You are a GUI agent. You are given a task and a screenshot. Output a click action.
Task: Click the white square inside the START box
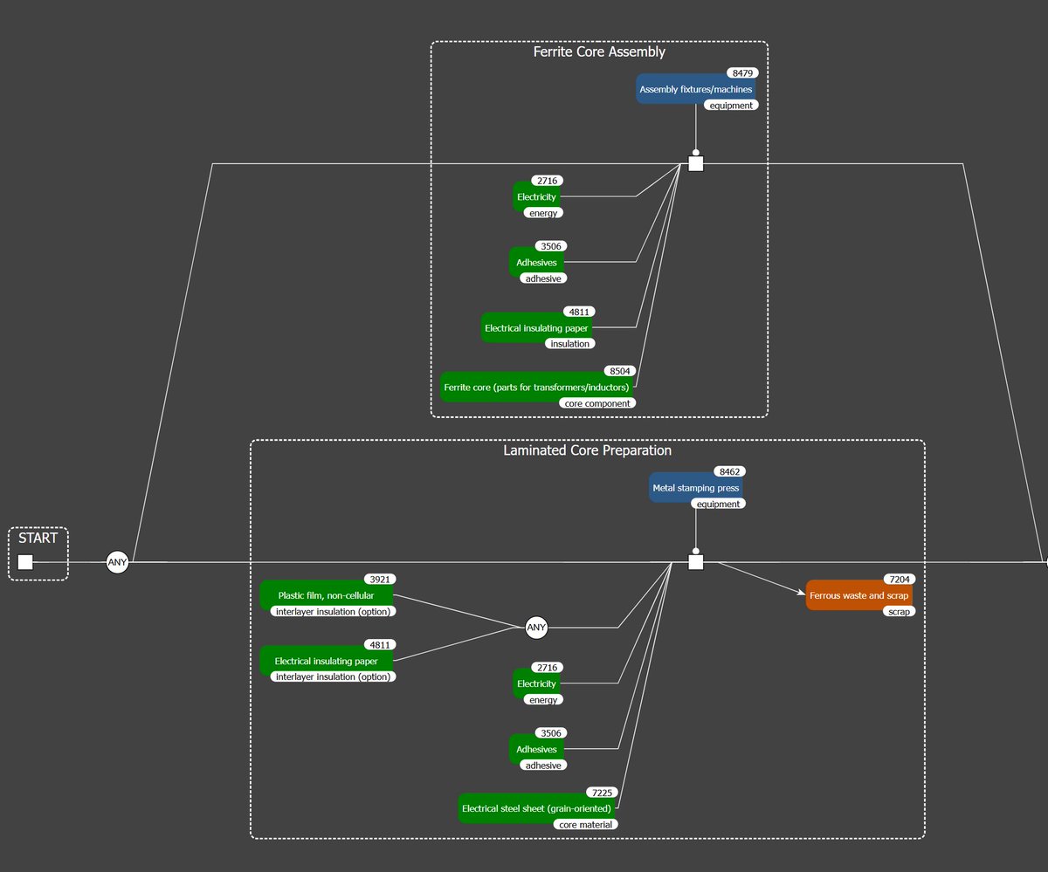point(25,562)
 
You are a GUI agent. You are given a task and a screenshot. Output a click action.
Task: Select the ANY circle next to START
point(117,562)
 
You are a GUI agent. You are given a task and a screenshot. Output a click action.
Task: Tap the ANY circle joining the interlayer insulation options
point(536,627)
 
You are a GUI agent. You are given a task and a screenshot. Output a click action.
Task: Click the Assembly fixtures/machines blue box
point(696,89)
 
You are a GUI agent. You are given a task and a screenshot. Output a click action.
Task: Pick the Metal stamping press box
point(696,488)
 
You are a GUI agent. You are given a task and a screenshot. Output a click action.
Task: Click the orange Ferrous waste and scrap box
point(858,595)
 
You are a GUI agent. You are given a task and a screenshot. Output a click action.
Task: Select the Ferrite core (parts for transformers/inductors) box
point(536,387)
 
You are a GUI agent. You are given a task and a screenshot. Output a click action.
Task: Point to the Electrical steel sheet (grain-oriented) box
point(536,808)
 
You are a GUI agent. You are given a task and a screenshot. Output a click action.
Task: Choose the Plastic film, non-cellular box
point(327,595)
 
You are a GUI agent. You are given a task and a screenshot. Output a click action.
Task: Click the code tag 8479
point(742,73)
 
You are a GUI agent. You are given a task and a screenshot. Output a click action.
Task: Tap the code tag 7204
point(900,579)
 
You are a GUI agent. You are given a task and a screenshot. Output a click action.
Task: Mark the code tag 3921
point(380,579)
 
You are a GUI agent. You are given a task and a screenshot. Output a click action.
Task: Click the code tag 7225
point(602,793)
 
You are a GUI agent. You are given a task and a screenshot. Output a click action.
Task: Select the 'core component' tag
point(597,403)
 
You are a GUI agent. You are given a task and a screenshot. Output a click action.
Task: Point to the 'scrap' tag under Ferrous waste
point(899,611)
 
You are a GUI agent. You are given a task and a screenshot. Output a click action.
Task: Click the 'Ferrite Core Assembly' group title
point(599,51)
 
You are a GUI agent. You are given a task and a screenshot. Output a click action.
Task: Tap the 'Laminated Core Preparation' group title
point(587,450)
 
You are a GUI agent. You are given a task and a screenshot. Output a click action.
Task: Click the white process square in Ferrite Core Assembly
point(696,163)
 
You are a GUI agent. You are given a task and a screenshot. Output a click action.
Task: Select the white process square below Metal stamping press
point(696,562)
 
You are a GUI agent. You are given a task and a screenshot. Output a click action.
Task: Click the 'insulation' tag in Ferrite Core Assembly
point(569,344)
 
